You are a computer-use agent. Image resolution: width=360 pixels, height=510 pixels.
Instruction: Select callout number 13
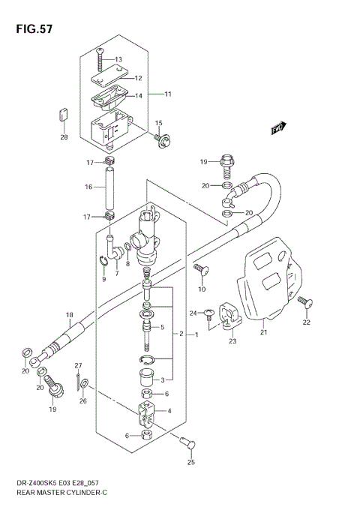tap(118, 59)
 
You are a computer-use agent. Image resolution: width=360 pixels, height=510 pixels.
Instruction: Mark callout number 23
tap(232, 342)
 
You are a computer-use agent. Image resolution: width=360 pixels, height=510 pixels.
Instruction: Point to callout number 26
tap(83, 401)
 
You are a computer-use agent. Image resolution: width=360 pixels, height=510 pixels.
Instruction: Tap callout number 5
tap(162, 327)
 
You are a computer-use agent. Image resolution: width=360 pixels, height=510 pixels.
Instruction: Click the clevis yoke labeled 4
tap(146, 412)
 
